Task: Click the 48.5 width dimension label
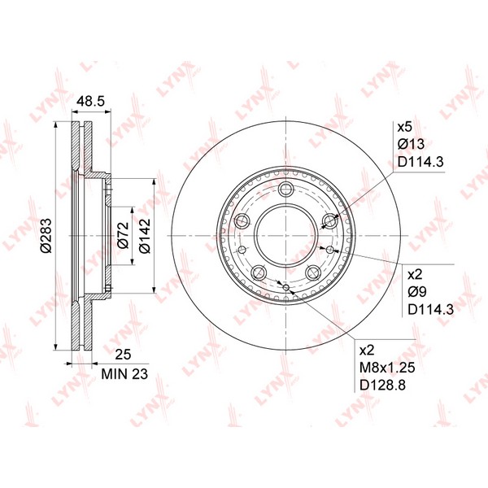click(91, 102)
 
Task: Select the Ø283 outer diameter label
click(46, 235)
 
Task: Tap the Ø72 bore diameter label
click(123, 235)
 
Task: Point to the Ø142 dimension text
click(145, 236)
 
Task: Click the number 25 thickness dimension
click(123, 355)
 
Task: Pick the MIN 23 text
click(124, 374)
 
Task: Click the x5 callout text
click(404, 127)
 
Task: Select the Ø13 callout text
click(411, 144)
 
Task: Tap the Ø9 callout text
click(417, 292)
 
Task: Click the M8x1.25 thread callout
click(387, 368)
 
